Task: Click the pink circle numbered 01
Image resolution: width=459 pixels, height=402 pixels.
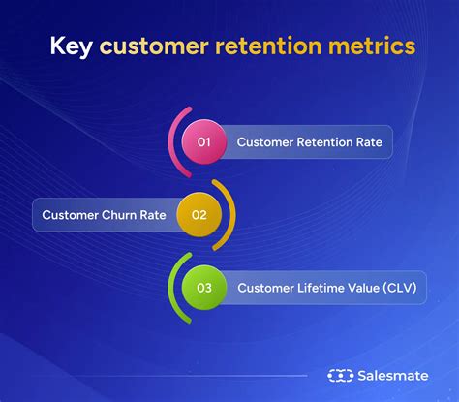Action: pyautogui.click(x=204, y=143)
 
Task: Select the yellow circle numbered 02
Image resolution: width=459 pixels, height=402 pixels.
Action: pyautogui.click(x=199, y=215)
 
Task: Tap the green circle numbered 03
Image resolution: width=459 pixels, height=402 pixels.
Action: pyautogui.click(x=204, y=287)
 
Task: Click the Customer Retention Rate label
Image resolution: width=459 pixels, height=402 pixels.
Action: pyautogui.click(x=309, y=143)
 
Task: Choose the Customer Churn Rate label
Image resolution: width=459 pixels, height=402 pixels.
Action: pyautogui.click(x=103, y=215)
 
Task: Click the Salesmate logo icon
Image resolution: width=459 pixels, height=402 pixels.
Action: pyautogui.click(x=340, y=374)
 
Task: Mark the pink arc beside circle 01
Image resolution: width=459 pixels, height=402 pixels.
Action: pyautogui.click(x=174, y=142)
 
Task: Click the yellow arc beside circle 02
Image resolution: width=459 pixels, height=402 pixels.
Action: pyautogui.click(x=228, y=215)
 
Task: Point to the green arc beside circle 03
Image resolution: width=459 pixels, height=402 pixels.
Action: pyautogui.click(x=174, y=287)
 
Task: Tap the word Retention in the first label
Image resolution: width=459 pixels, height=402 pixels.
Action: pyautogui.click(x=327, y=143)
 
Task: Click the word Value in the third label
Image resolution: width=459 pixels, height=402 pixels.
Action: pyautogui.click(x=354, y=287)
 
